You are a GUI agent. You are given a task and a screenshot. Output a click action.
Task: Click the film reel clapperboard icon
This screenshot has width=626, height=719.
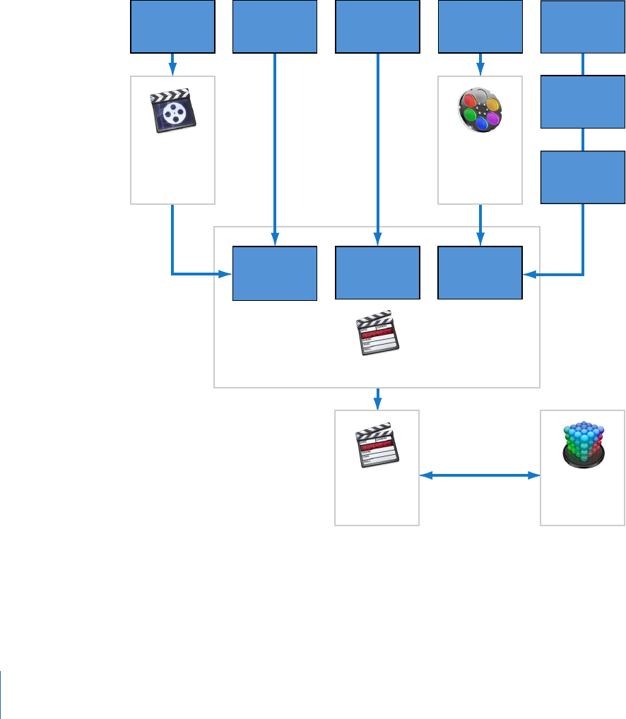click(173, 111)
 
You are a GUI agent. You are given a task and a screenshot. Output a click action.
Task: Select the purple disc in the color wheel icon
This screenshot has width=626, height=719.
click(493, 117)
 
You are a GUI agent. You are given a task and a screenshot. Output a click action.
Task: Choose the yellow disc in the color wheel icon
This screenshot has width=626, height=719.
click(493, 104)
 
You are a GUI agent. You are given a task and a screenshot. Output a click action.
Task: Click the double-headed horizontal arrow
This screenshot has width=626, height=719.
click(480, 476)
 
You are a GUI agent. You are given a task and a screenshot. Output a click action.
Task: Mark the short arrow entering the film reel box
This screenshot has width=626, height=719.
click(173, 64)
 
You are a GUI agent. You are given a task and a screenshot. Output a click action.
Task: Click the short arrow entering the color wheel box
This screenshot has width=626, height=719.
click(480, 64)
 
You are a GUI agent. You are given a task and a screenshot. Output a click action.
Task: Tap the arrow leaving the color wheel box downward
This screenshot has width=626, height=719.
click(480, 225)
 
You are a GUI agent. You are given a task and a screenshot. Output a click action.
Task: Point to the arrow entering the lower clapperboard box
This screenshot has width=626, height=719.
click(378, 398)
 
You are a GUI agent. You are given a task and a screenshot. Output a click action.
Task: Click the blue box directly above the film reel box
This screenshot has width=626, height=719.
click(172, 27)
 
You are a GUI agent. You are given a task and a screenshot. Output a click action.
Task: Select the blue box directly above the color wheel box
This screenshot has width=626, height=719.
click(480, 27)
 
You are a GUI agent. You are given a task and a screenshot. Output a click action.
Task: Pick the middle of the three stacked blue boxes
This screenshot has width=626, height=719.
click(583, 102)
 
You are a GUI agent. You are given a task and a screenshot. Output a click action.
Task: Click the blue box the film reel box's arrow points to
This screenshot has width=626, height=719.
click(275, 273)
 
